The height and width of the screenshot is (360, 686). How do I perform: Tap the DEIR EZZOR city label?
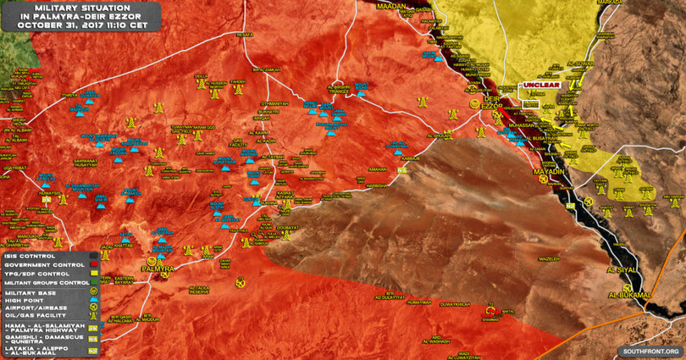point(491,102)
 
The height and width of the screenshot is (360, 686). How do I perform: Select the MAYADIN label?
point(549,172)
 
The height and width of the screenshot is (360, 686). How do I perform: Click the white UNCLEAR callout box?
point(541,86)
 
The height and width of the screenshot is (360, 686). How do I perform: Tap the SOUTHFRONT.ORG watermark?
point(651,350)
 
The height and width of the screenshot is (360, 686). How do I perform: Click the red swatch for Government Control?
point(94,264)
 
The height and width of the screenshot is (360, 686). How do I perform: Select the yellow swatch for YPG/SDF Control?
point(94,273)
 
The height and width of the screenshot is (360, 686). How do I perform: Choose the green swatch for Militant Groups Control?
point(94,282)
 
